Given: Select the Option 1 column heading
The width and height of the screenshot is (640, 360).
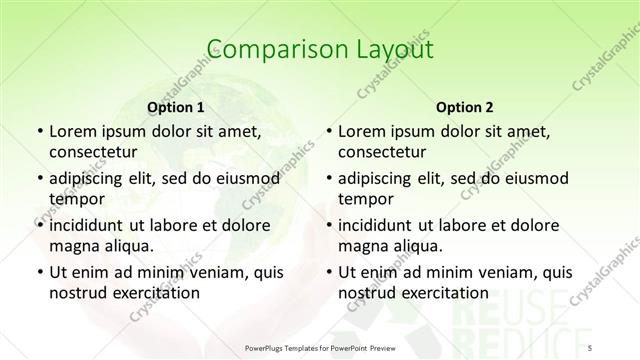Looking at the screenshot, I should point(175,106).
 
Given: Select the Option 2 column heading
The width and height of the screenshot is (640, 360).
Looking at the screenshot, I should point(464,106).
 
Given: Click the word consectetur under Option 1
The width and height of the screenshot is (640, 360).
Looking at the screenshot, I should point(94,153).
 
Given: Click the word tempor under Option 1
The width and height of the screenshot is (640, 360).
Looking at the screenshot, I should point(73,198).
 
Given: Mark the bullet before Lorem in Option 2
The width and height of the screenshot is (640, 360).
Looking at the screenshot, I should point(330,131).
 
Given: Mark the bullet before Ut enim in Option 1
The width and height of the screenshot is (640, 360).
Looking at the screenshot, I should point(40,272).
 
